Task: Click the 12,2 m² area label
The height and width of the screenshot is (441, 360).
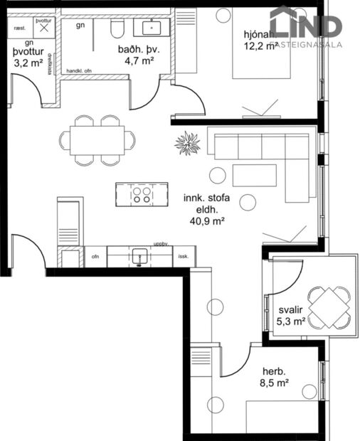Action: (260, 48)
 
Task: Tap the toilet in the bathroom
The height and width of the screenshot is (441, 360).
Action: (118, 28)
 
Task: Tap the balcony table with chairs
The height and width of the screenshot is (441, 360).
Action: (328, 307)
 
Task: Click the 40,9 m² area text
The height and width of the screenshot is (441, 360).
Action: (207, 221)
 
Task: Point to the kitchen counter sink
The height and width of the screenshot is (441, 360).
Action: (140, 256)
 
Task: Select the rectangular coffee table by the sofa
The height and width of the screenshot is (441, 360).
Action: (254, 175)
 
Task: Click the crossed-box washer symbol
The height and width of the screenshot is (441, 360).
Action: (44, 30)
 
